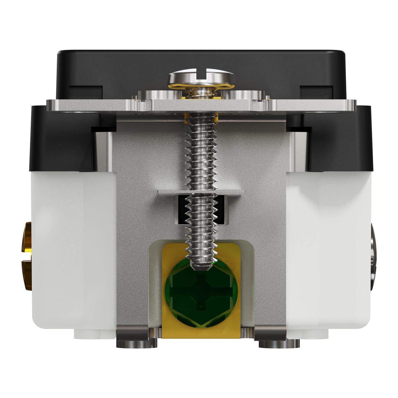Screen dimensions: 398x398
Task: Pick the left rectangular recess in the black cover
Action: tap(86, 92)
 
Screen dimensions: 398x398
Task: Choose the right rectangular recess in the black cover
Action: tap(316, 92)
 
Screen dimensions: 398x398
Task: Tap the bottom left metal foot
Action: tap(137, 344)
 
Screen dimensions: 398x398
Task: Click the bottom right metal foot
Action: tap(279, 344)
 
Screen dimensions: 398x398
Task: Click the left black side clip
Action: tap(61, 138)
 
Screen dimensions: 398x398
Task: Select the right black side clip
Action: tap(341, 138)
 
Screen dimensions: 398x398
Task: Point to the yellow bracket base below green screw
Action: tap(201, 333)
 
